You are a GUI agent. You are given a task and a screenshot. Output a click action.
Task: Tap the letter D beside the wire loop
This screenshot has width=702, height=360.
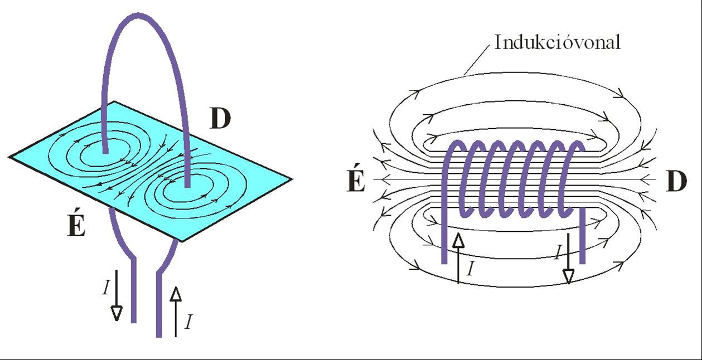click(221, 119)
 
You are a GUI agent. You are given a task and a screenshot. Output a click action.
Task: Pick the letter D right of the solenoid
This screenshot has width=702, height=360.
click(676, 182)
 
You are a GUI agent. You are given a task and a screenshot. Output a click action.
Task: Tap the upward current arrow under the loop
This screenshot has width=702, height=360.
click(176, 312)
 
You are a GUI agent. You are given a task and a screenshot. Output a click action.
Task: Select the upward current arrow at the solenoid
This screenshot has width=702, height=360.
click(458, 258)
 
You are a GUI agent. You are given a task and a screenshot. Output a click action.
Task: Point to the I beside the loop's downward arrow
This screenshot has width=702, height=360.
click(106, 288)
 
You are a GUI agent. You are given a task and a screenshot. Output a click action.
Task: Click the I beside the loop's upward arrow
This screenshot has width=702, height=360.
click(188, 322)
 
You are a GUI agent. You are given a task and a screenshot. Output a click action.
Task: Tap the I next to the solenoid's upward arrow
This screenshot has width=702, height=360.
click(470, 269)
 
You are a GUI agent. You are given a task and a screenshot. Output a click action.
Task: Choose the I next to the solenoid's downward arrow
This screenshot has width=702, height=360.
click(558, 252)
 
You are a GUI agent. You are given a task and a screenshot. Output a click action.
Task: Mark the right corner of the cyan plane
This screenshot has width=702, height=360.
click(292, 179)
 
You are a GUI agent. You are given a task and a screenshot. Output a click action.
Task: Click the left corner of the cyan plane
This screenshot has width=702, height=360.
click(9, 157)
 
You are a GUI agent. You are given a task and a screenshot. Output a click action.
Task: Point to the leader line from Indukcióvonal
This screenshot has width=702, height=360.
click(476, 59)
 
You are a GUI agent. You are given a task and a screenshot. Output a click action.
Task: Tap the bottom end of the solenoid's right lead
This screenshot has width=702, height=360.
click(582, 262)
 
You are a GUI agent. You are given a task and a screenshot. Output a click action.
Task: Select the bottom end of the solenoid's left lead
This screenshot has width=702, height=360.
click(444, 262)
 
